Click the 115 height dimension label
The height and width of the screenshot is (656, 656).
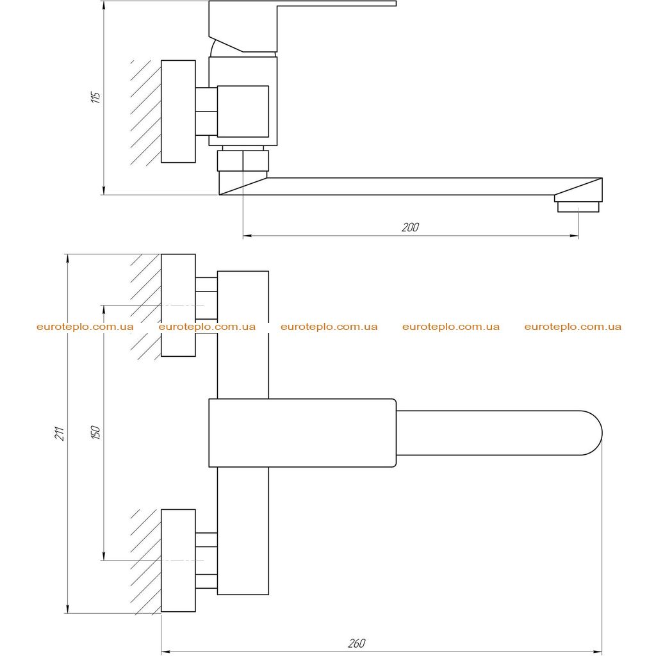pyautogui.click(x=96, y=97)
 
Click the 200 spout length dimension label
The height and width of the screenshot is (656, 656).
pyautogui.click(x=410, y=227)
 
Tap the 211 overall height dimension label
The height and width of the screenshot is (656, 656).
pyautogui.click(x=60, y=433)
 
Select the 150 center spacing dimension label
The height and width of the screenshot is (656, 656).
pyautogui.click(x=96, y=432)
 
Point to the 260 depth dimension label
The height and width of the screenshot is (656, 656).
pyautogui.click(x=356, y=643)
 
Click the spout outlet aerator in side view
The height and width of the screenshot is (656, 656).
pyautogui.click(x=578, y=207)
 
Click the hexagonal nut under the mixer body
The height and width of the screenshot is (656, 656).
pyautogui.click(x=243, y=161)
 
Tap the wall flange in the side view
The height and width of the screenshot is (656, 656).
pyautogui.click(x=178, y=111)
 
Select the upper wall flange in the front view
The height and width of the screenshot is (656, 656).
pyautogui.click(x=178, y=305)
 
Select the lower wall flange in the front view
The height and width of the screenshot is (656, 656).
pyautogui.click(x=178, y=560)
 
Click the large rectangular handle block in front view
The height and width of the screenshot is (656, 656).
pyautogui.click(x=302, y=433)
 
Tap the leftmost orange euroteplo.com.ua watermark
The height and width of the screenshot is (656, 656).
pyautogui.click(x=85, y=327)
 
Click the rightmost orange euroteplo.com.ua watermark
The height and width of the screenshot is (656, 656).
pyautogui.click(x=573, y=327)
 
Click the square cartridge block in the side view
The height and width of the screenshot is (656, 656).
pyautogui.click(x=243, y=111)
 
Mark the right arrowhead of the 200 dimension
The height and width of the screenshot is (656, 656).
pyautogui.click(x=574, y=236)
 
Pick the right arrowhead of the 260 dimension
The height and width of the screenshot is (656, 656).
pyautogui.click(x=598, y=652)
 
